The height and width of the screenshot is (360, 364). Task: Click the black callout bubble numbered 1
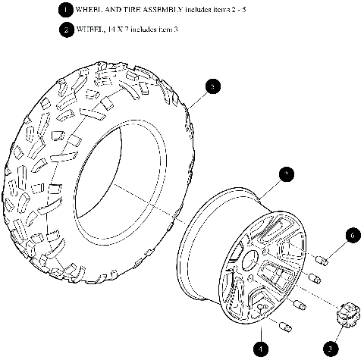pos(66,10)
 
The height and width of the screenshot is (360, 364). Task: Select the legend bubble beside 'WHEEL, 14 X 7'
pos(66,30)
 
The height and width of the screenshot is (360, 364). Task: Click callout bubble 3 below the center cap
pos(330,349)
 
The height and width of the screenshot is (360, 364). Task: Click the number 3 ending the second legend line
pos(175,30)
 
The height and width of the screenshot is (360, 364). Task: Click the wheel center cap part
pos(348,313)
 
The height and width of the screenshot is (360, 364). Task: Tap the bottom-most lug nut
pos(287,327)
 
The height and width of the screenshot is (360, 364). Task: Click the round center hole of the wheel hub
pos(247,267)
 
